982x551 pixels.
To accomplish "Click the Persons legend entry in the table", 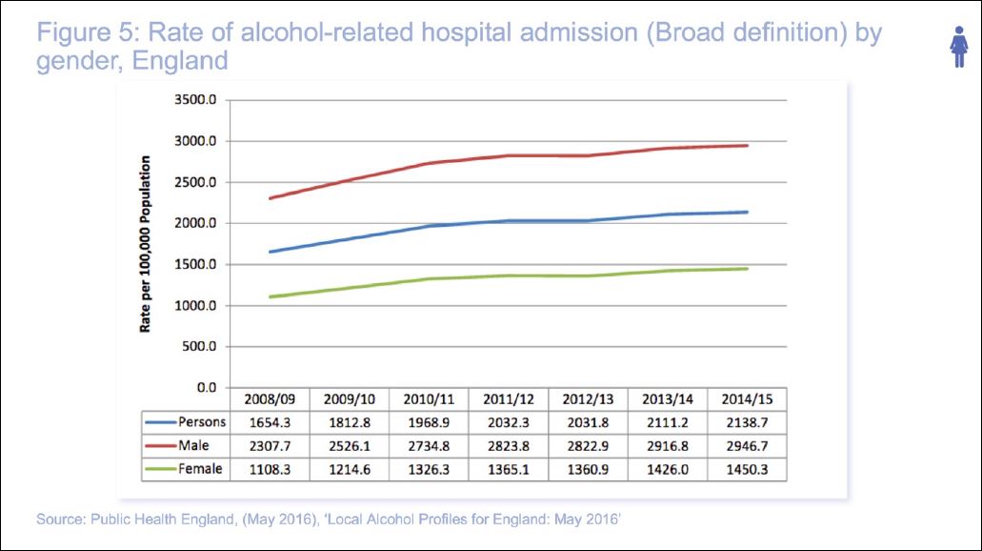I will pos(185,422).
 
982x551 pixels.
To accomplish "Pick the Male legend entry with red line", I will pos(185,446).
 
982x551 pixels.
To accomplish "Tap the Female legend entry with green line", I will pos(185,470).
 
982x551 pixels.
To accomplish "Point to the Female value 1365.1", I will pos(509,470).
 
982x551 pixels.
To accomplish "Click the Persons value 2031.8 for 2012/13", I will pos(588,422).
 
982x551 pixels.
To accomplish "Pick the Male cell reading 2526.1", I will pos(351,446).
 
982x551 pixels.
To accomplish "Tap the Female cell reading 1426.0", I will pos(667,470).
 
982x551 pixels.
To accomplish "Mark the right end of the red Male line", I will pos(747,146).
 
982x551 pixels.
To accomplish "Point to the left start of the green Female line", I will pos(271,296).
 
